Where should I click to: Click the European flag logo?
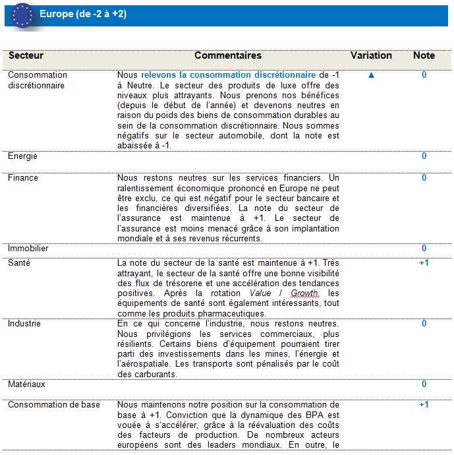[23, 15]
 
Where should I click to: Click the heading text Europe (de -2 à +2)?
[83, 14]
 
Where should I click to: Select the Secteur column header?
[26, 56]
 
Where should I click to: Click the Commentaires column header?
[228, 56]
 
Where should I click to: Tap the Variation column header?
[371, 56]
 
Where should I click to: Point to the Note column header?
[424, 56]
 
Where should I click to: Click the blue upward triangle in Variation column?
[371, 75]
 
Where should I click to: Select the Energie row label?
[22, 156]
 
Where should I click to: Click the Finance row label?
[23, 177]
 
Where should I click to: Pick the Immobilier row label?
[28, 249]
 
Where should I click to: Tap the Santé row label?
[20, 262]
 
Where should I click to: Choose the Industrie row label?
[24, 324]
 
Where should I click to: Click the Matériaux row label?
[26, 384]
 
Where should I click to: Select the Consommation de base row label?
[54, 404]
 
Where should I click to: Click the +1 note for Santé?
[424, 262]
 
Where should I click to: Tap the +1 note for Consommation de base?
[424, 404]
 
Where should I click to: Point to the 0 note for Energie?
[424, 156]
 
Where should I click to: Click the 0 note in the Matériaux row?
[424, 384]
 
